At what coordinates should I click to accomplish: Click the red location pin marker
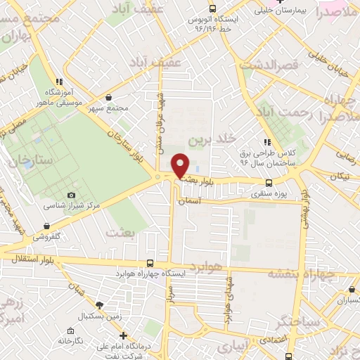(x=181, y=165)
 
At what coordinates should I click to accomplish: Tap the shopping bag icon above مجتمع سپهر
(x=109, y=98)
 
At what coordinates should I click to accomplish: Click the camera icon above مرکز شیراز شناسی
(x=71, y=195)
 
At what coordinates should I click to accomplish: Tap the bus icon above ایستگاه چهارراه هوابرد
(x=149, y=263)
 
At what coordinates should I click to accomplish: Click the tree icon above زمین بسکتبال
(x=98, y=304)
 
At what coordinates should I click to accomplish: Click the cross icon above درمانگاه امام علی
(x=124, y=335)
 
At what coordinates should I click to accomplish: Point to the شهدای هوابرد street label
(x=226, y=299)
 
